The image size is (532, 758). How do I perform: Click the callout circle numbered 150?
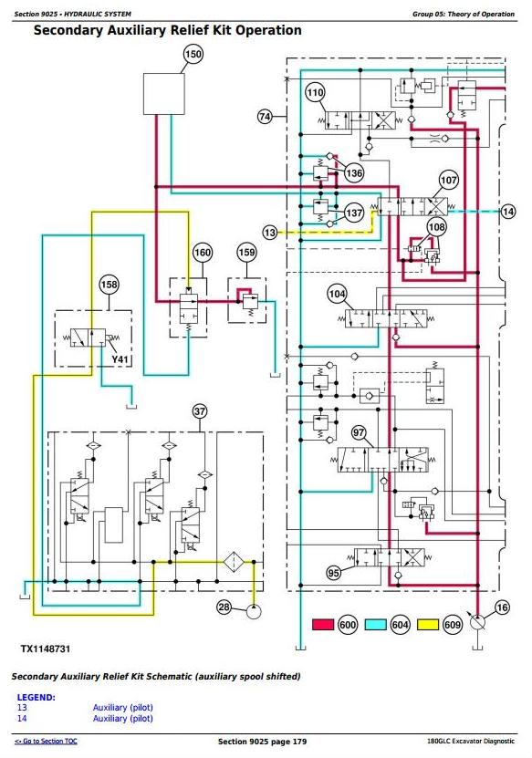click(193, 54)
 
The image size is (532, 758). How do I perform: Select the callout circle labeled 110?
click(315, 92)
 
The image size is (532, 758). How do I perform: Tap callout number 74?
click(265, 117)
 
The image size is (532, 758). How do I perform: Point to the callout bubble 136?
click(354, 173)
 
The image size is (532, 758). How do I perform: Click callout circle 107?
click(448, 181)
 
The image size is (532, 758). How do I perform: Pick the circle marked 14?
click(508, 212)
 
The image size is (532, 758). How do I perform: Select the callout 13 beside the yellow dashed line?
click(270, 233)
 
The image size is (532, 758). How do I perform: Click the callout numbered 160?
click(203, 253)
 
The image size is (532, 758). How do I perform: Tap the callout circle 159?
click(246, 253)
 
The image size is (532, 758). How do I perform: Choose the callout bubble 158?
click(109, 285)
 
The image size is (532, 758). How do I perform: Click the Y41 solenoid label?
click(120, 359)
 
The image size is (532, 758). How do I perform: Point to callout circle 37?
click(200, 411)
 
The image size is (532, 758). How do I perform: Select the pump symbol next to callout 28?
click(254, 611)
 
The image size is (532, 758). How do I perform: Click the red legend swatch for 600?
click(323, 625)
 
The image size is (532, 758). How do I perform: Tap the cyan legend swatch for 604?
click(375, 625)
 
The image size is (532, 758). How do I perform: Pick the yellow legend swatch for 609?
click(428, 625)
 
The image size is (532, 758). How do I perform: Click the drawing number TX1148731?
click(45, 649)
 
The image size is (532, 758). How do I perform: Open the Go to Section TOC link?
click(46, 741)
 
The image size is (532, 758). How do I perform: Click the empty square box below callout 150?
click(164, 94)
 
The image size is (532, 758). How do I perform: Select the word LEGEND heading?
click(36, 697)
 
